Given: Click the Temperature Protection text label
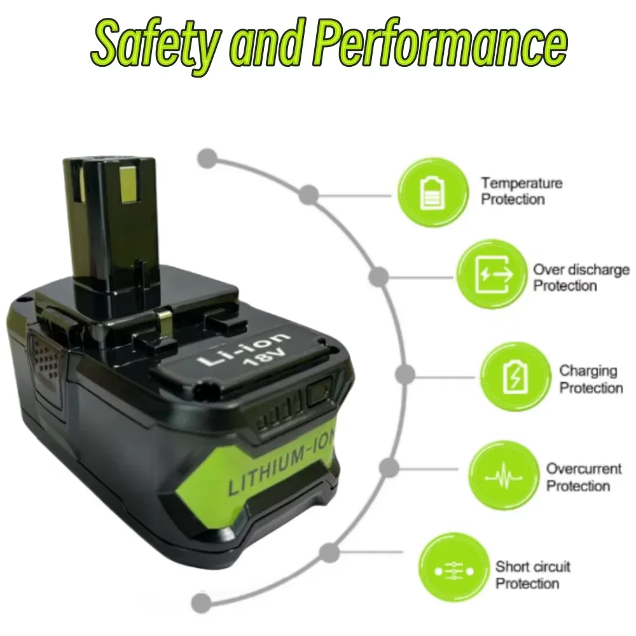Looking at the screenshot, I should (522, 191).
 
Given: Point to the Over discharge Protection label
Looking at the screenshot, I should (580, 278).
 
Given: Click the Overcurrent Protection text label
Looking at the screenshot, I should (583, 478).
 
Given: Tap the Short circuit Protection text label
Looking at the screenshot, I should (532, 575).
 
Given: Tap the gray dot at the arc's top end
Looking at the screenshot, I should (207, 158).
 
